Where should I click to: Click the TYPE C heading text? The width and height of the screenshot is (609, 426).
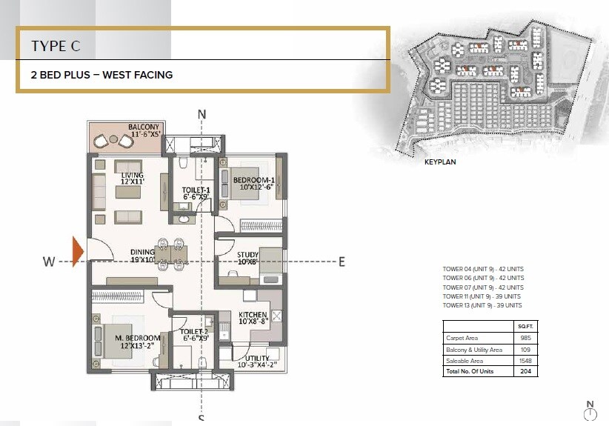tap(56, 46)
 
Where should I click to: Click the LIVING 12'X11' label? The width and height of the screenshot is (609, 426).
tap(127, 176)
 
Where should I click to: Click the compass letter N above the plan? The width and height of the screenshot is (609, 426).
tap(201, 114)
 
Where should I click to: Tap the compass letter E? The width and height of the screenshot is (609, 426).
tap(342, 261)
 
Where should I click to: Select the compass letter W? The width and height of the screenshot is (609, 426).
tap(48, 261)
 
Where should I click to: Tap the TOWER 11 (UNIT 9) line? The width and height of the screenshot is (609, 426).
tap(482, 296)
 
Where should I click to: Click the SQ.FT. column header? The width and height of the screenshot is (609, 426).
tap(525, 326)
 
